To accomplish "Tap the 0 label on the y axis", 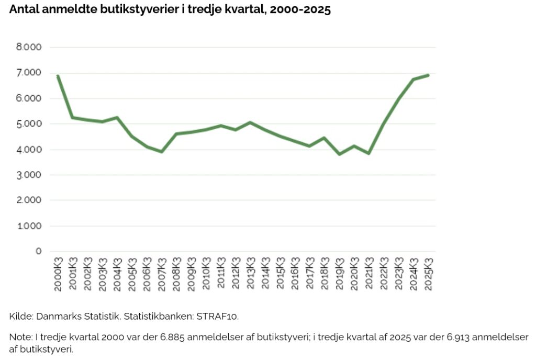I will click(38, 251).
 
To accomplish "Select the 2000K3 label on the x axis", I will click(58, 273).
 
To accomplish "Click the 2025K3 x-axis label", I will click(429, 273).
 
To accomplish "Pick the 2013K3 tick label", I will click(251, 273).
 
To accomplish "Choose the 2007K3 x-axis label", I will click(162, 273).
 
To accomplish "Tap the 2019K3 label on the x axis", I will click(340, 273).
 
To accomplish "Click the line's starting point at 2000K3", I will click(58, 76).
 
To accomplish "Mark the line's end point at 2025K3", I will click(429, 75).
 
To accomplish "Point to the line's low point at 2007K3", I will click(162, 152).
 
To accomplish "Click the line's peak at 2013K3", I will click(251, 122).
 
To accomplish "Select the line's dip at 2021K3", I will click(369, 153).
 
